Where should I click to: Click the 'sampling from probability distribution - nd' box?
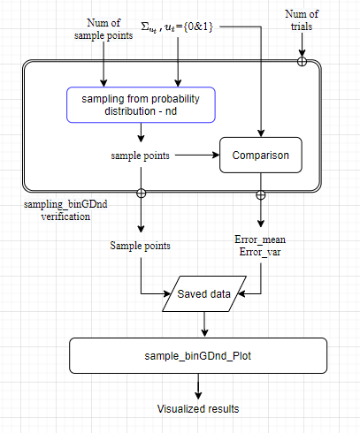pyautogui.click(x=141, y=105)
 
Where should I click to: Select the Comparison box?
pyautogui.click(x=261, y=155)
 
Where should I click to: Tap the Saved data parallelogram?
pyautogui.click(x=204, y=293)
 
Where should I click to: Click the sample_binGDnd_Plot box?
pyautogui.click(x=198, y=356)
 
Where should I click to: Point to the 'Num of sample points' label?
pyautogui.click(x=103, y=29)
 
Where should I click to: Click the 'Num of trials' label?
pyautogui.click(x=302, y=20)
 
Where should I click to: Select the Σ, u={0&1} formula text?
pyautogui.click(x=177, y=27)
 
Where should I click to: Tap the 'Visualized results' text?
pyautogui.click(x=198, y=409)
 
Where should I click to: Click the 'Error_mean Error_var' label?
pyautogui.click(x=260, y=246)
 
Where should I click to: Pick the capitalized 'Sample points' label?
pyautogui.click(x=141, y=246)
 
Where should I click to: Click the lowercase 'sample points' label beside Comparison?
pyautogui.click(x=141, y=156)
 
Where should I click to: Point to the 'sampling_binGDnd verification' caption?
pyautogui.click(x=65, y=210)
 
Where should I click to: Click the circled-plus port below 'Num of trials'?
pyautogui.click(x=302, y=62)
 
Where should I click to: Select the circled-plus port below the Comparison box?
pyautogui.click(x=261, y=195)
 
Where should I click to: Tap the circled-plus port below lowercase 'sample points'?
pyautogui.click(x=142, y=194)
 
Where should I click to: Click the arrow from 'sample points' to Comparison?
pyautogui.click(x=197, y=155)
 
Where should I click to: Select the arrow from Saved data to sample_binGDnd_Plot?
pyautogui.click(x=204, y=324)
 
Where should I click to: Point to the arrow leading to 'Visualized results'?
pyautogui.click(x=198, y=386)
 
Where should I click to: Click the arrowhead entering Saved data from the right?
pyautogui.click(x=241, y=293)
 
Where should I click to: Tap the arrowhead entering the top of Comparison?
pyautogui.click(x=261, y=133)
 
